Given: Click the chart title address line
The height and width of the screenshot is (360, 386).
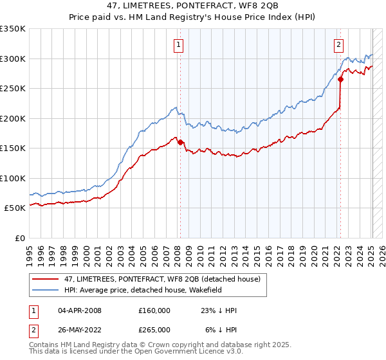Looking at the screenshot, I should (x=192, y=6).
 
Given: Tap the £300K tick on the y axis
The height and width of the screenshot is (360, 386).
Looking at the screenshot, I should (x=13, y=59).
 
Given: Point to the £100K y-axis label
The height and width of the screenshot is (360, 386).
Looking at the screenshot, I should (x=13, y=178).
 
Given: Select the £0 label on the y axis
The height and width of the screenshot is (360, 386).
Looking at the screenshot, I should (x=21, y=238).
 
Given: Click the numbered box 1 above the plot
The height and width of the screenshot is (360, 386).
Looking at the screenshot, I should (x=178, y=44).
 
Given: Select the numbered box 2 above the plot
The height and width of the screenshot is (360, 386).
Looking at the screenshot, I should (x=338, y=44).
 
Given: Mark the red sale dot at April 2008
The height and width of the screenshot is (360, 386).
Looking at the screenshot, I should (x=180, y=142).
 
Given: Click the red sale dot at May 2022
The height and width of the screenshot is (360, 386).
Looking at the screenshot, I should (x=341, y=80).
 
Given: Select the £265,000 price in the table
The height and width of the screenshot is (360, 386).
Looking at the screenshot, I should (x=154, y=329).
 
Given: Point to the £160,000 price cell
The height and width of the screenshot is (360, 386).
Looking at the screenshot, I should (x=154, y=310).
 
